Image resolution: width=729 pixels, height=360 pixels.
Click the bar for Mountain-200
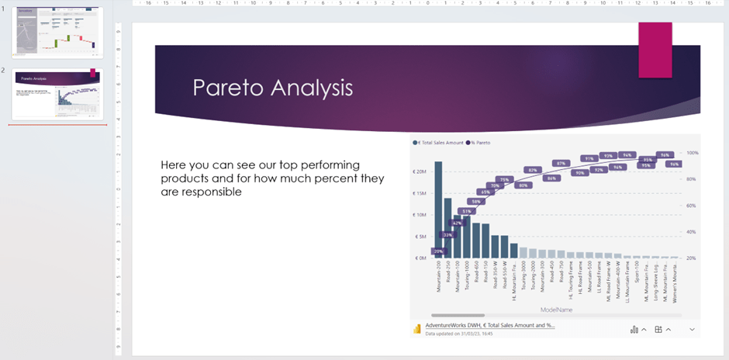coord(438,209)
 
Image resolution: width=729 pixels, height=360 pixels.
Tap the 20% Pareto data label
coord(438,251)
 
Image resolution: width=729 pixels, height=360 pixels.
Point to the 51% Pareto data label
coord(467,211)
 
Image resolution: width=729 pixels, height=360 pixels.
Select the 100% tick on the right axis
coord(693,153)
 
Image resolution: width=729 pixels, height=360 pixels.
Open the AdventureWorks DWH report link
coord(489,325)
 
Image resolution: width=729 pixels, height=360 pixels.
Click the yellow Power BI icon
coord(417,329)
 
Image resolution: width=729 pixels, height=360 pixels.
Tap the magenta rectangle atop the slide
coord(655,50)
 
